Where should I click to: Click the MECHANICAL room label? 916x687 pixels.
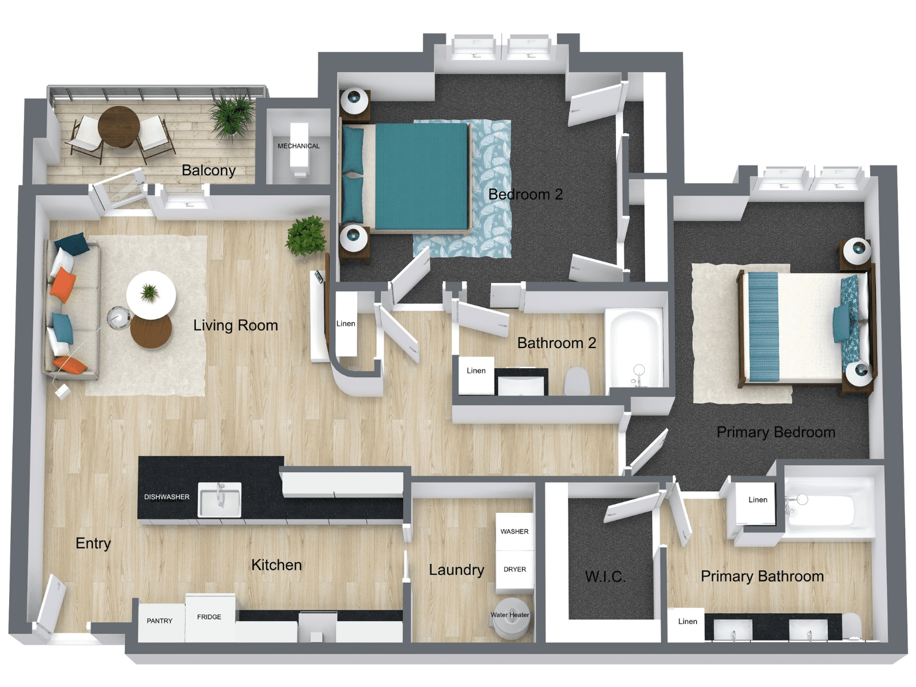coord(298,146)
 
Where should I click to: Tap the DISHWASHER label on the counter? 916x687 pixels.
coord(167,497)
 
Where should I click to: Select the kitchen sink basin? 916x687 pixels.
coord(219,499)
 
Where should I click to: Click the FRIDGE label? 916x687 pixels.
coord(209,617)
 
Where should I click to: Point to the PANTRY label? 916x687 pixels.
coord(159,621)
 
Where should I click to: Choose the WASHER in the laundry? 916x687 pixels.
coord(514,531)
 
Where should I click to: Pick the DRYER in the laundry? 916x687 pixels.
coord(514,569)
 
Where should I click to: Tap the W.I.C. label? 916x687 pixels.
coord(605,577)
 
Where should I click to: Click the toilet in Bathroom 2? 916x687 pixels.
coord(577,381)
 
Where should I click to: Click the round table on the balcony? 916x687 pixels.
coord(119,126)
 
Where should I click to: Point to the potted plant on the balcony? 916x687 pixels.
coord(232,114)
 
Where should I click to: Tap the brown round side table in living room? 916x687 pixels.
coord(151,332)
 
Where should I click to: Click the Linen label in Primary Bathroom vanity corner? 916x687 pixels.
coord(687,621)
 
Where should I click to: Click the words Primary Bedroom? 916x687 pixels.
coord(775,432)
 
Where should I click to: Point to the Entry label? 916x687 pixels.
coord(93,543)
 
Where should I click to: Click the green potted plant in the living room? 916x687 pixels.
coord(307,235)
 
